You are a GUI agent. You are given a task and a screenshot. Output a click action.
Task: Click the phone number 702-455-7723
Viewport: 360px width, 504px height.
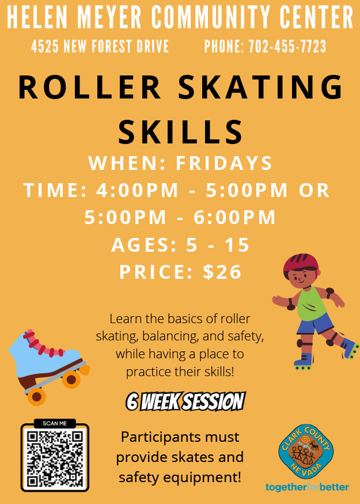[x=287, y=47]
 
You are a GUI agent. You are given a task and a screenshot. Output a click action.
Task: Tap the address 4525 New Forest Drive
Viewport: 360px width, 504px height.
[x=100, y=47]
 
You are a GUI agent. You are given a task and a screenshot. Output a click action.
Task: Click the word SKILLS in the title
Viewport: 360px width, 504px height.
[x=180, y=132]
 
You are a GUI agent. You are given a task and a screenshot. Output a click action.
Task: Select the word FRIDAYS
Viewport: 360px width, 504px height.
[x=224, y=163]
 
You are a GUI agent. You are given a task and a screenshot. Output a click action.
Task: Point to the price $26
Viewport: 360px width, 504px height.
[x=222, y=272]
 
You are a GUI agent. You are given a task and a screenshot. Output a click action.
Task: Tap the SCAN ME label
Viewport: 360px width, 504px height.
[x=55, y=423]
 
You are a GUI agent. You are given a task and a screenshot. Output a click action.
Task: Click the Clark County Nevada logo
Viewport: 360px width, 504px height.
[x=306, y=451]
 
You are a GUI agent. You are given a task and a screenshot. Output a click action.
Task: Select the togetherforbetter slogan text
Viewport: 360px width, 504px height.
[x=307, y=487]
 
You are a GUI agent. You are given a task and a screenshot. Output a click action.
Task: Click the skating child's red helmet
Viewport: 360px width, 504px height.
[x=301, y=263]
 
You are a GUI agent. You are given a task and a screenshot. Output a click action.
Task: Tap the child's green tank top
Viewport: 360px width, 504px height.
[x=310, y=304]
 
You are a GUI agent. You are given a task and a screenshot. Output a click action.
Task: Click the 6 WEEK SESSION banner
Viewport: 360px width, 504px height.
[x=186, y=401]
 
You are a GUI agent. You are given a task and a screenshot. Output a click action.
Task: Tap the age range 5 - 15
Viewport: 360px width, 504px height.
[x=218, y=245]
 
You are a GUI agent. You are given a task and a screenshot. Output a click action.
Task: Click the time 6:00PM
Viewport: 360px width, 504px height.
[x=234, y=217]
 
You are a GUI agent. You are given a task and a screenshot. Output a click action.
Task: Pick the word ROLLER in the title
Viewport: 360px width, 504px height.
[x=90, y=87]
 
